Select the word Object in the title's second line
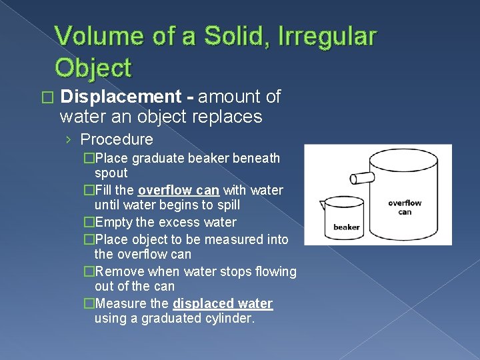click(93, 67)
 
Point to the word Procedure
click(116, 139)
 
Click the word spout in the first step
click(111, 173)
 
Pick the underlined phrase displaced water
click(223, 303)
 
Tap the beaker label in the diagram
click(346, 227)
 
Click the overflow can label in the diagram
click(405, 207)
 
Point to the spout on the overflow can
click(362, 178)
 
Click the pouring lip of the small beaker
click(324, 203)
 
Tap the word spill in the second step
click(227, 205)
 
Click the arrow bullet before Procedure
click(69, 140)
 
